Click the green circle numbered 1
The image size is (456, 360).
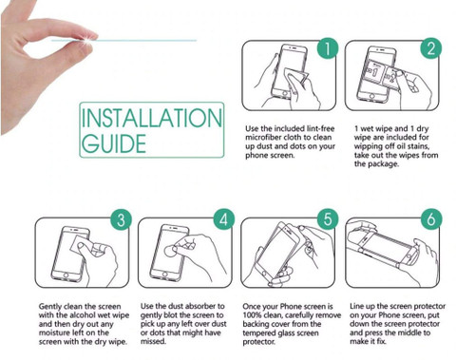[x=328, y=48]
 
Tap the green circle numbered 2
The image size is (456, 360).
[x=431, y=48]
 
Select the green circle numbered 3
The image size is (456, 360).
[x=121, y=219]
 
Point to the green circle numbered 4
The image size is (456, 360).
[x=224, y=219]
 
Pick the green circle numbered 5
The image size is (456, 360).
[x=328, y=219]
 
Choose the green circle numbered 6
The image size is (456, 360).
[x=431, y=219]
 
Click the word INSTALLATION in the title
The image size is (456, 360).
[x=152, y=118]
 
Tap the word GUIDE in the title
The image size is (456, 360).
[x=114, y=143]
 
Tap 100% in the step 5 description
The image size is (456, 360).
[x=251, y=315]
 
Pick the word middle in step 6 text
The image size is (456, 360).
[x=411, y=332]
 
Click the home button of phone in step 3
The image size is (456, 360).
[x=66, y=275]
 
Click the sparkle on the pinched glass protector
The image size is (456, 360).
[x=87, y=39]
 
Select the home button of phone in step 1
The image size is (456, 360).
[x=285, y=94]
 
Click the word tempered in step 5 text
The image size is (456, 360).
[x=257, y=333]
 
